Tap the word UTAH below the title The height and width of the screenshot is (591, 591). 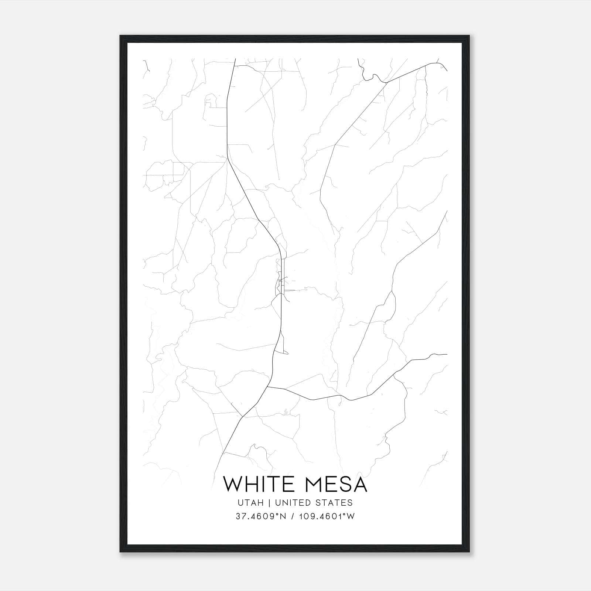point(251,503)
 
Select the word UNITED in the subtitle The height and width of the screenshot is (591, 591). point(291,503)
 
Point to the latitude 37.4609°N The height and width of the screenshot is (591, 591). point(261,516)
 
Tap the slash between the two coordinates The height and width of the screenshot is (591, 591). point(292,516)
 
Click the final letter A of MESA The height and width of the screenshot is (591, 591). point(360,484)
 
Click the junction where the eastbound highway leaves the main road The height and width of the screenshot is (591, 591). point(267,387)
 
